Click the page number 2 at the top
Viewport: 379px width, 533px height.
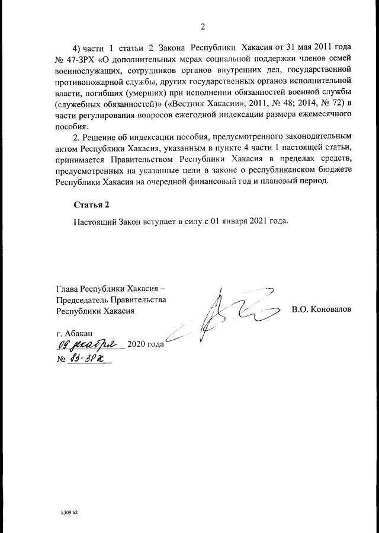[202, 26]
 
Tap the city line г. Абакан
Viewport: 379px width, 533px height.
[74, 334]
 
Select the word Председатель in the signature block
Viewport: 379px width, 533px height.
[83, 299]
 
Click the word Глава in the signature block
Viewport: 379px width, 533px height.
[67, 289]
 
